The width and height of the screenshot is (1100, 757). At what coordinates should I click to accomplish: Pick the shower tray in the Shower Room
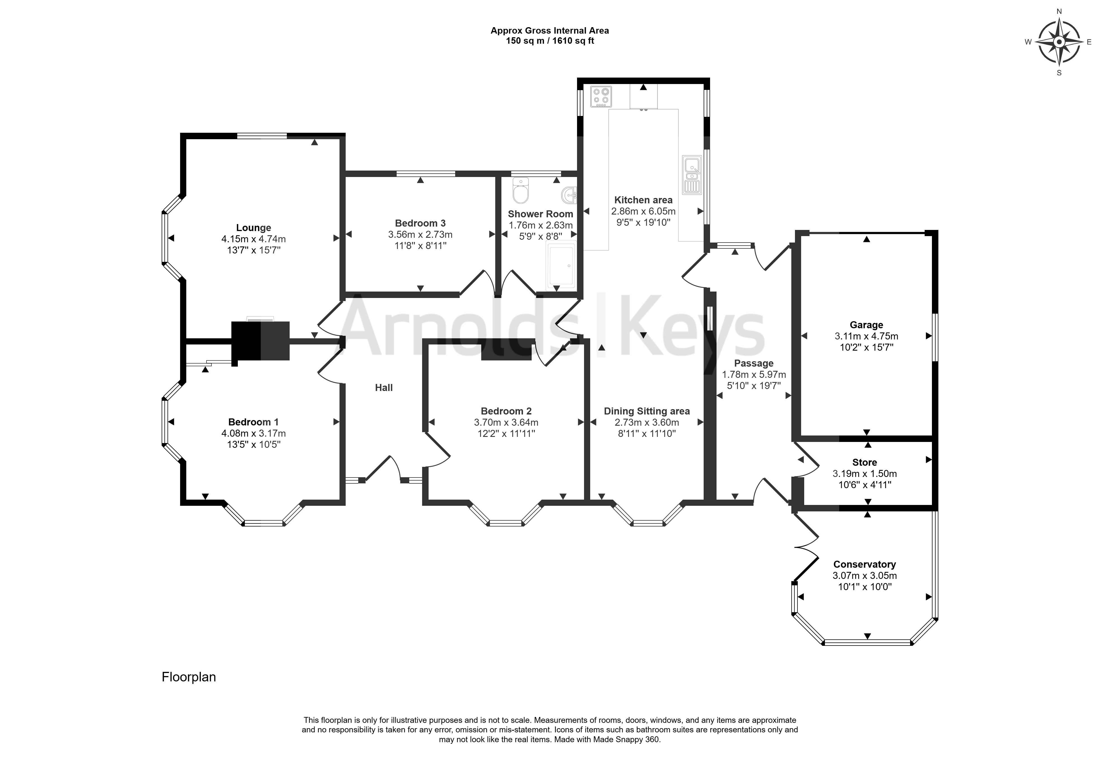(x=561, y=266)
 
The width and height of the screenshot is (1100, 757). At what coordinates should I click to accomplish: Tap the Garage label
(x=866, y=325)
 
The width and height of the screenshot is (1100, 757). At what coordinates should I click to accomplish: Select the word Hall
(x=384, y=388)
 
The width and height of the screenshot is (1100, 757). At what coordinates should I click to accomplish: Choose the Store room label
(x=864, y=462)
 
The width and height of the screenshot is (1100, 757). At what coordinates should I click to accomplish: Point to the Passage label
(x=754, y=363)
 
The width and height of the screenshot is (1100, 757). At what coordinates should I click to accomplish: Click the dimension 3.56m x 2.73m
(x=420, y=234)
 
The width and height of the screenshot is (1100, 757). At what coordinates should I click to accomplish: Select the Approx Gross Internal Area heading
(x=550, y=30)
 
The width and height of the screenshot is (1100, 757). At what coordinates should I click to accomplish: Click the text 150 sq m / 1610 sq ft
(x=550, y=41)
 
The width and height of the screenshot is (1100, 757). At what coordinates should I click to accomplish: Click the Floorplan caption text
(x=189, y=677)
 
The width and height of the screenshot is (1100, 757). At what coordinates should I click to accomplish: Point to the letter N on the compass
(x=1059, y=11)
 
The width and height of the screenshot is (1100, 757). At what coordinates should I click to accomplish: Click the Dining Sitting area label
(x=646, y=411)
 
